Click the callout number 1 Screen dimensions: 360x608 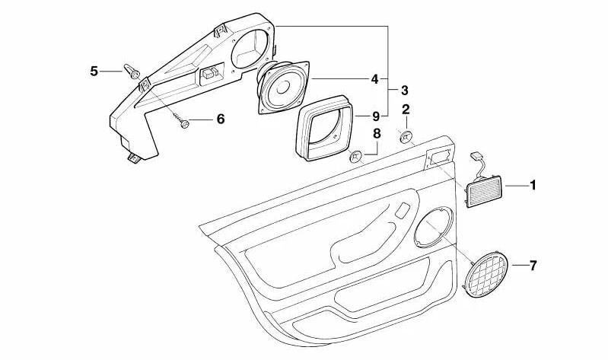tap(533, 185)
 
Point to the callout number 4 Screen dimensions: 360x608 tap(374, 78)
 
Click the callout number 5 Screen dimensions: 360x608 tap(94, 71)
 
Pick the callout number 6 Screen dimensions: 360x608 tap(221, 119)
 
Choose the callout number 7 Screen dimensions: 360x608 tap(533, 266)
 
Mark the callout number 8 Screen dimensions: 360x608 tap(376, 134)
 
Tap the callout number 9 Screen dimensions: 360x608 tap(375, 116)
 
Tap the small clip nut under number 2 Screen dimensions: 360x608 tap(407, 136)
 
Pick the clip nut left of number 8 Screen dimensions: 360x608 tap(355, 157)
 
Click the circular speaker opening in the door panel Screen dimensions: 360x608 tap(434, 227)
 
